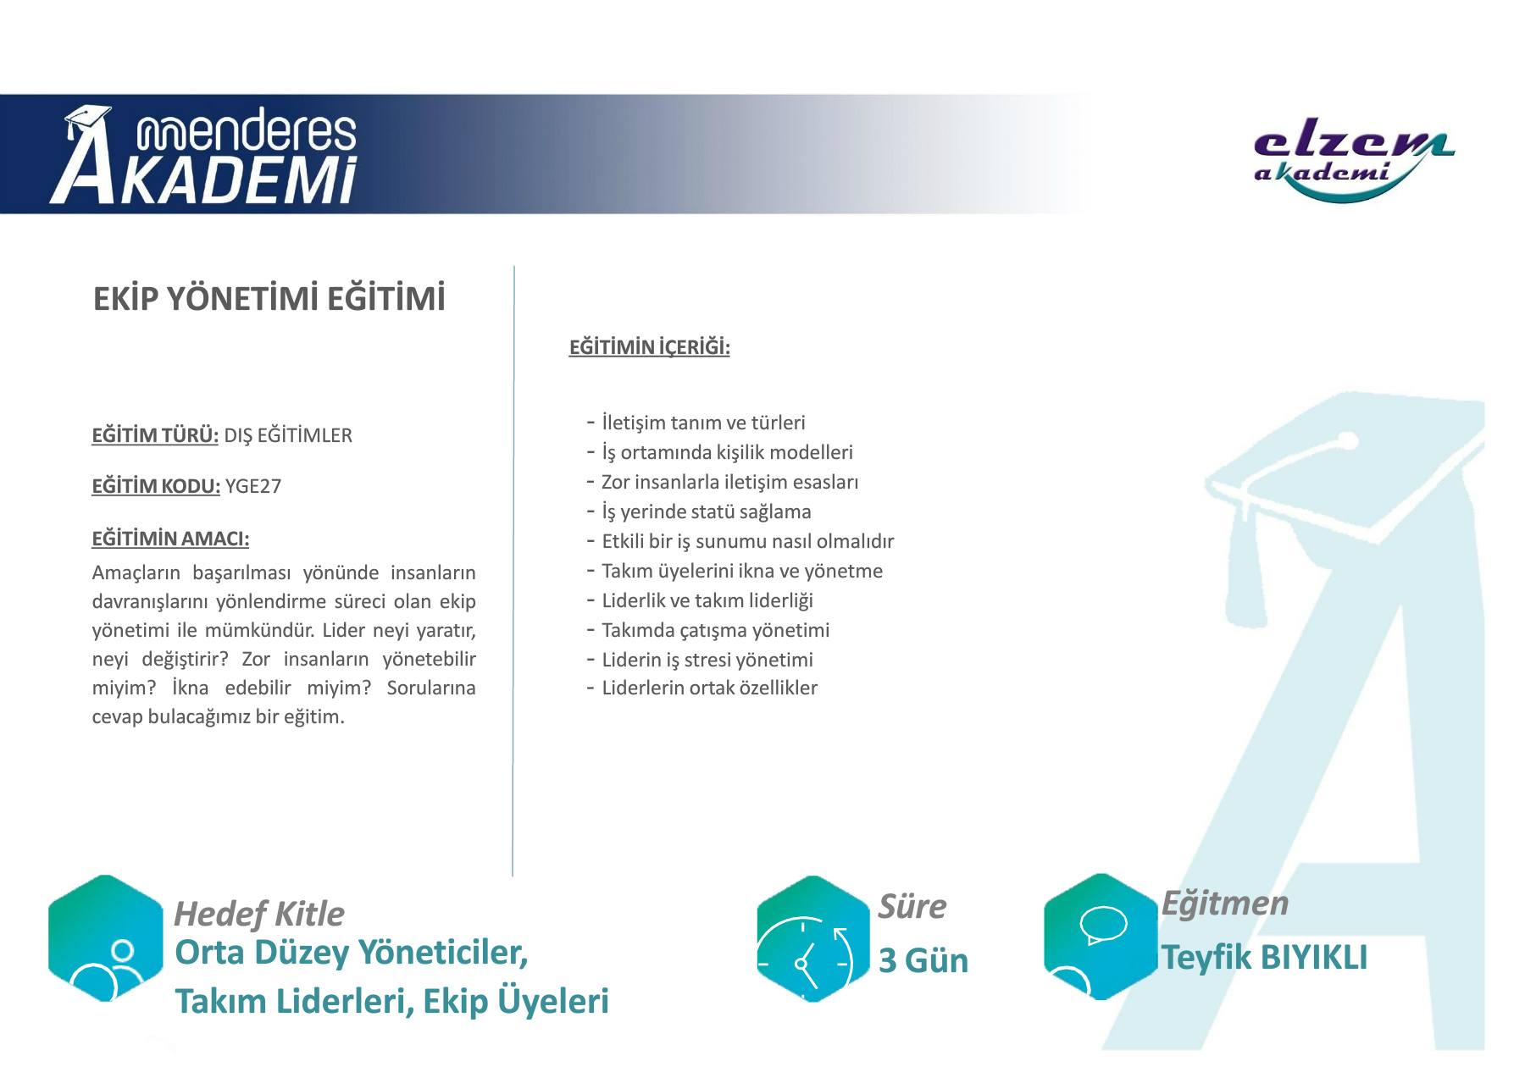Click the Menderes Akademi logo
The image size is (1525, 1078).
pyautogui.click(x=203, y=155)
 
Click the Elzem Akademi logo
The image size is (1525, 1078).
pyautogui.click(x=1353, y=161)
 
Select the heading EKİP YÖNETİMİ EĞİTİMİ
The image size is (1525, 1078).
pyautogui.click(x=269, y=299)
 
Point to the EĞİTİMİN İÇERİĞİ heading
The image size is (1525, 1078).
pyautogui.click(x=650, y=347)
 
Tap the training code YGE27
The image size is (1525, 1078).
pyautogui.click(x=253, y=486)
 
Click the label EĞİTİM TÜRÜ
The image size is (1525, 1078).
pyautogui.click(x=155, y=435)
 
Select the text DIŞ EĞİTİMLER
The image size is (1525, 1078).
pyautogui.click(x=288, y=435)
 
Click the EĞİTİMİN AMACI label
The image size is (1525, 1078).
pyautogui.click(x=170, y=539)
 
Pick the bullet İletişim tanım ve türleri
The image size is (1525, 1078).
pyautogui.click(x=703, y=423)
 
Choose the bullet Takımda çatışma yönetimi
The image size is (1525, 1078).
pyautogui.click(x=716, y=630)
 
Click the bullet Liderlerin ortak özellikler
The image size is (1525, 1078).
pyautogui.click(x=710, y=688)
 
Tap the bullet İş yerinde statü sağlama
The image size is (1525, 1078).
pyautogui.click(x=707, y=511)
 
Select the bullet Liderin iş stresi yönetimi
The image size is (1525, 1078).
pyautogui.click(x=707, y=660)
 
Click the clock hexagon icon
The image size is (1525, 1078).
pyautogui.click(x=813, y=939)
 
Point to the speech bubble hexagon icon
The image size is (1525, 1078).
pyautogui.click(x=1101, y=937)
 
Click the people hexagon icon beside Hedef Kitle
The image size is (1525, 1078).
pyautogui.click(x=106, y=938)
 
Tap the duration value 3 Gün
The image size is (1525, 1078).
pyautogui.click(x=923, y=960)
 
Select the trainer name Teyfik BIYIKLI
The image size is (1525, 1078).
pyautogui.click(x=1264, y=958)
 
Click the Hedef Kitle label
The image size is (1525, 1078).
pyautogui.click(x=259, y=914)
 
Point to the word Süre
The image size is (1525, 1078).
pyautogui.click(x=912, y=906)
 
